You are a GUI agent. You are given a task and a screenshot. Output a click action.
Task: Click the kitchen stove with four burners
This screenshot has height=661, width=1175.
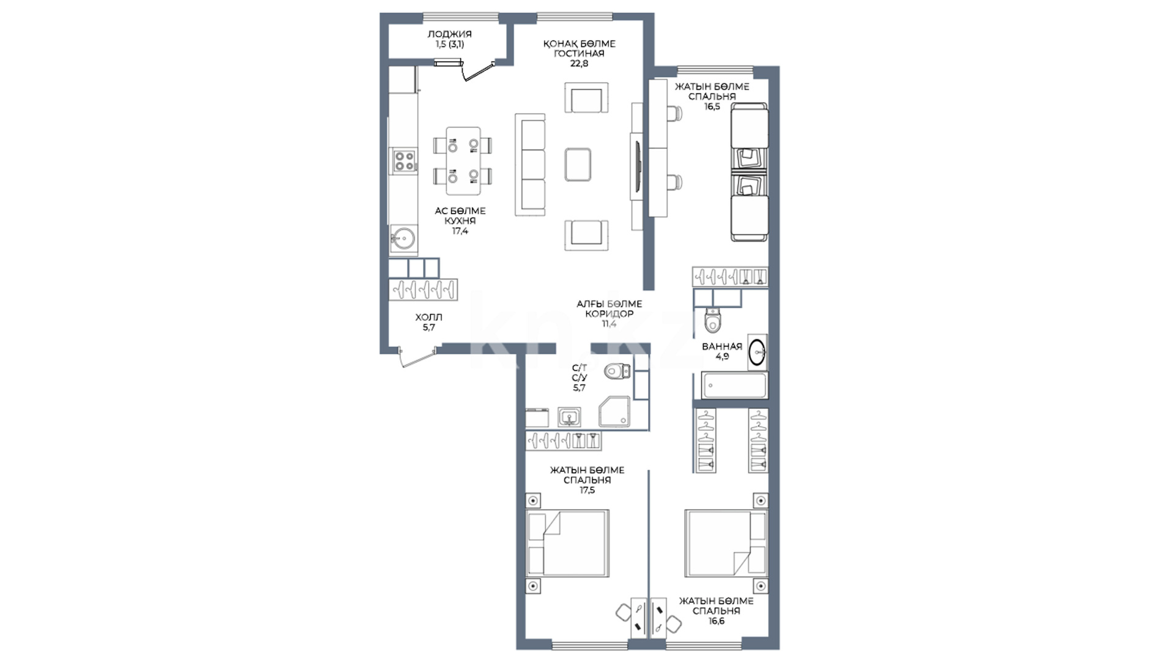coord(404,160)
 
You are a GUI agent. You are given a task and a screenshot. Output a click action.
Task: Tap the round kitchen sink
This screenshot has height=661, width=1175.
coord(403,238)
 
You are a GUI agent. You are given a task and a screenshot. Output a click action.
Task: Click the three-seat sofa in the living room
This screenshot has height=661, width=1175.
coord(530,165)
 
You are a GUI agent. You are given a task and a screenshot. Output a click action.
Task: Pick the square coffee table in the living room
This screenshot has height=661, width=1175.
coord(578,164)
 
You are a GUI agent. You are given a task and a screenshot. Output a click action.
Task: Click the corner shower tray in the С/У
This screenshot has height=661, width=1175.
coord(614,411)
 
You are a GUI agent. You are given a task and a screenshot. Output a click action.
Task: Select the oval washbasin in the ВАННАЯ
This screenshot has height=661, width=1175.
coord(757,352)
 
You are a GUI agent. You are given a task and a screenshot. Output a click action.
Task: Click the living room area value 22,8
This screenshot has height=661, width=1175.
coord(579,63)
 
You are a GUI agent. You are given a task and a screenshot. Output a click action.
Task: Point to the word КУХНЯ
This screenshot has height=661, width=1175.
coord(460,221)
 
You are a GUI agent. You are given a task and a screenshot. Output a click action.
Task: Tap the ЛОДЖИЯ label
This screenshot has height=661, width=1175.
coord(449,34)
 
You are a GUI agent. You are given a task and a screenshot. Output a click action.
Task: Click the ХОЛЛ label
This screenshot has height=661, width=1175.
coord(428,317)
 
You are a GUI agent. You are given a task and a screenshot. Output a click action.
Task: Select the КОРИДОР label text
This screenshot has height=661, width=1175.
coord(609,313)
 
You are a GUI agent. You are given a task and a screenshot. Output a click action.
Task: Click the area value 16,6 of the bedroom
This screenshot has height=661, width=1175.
coord(716,621)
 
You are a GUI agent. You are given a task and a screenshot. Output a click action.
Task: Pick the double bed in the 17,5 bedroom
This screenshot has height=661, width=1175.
coord(567,542)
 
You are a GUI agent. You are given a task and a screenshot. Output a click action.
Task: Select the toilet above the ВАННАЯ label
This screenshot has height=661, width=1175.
coord(714,319)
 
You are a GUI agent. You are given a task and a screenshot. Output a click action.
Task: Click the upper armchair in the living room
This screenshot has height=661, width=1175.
coord(586,98)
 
